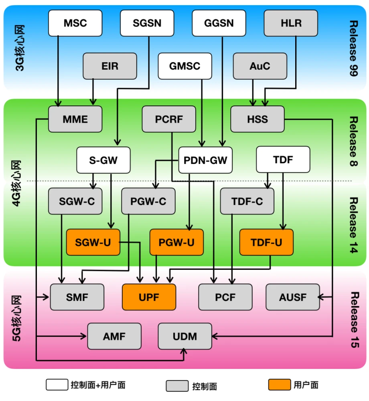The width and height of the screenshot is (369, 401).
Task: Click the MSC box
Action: click(75, 23)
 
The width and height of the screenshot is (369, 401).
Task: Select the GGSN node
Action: click(219, 23)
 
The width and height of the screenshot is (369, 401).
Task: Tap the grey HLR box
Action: click(291, 23)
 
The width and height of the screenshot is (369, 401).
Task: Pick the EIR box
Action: click(110, 66)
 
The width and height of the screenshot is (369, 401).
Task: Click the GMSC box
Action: click(185, 66)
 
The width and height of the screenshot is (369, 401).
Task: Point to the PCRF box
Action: click(169, 119)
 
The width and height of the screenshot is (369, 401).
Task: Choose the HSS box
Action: click(257, 119)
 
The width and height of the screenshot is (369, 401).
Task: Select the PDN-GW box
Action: click(205, 160)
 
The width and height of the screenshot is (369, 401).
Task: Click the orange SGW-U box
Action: click(93, 242)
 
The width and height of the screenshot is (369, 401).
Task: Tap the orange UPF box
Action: click(149, 297)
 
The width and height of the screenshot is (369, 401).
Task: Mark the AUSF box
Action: click(293, 297)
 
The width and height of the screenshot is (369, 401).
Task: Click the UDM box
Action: click(185, 336)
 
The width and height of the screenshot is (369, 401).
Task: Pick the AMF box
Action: click(114, 336)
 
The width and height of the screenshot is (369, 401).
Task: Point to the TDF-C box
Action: click(247, 201)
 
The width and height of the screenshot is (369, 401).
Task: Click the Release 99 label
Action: click(353, 48)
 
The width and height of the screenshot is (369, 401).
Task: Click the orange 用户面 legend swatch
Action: click(280, 385)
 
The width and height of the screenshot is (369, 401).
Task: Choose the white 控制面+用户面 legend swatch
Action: click(57, 385)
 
